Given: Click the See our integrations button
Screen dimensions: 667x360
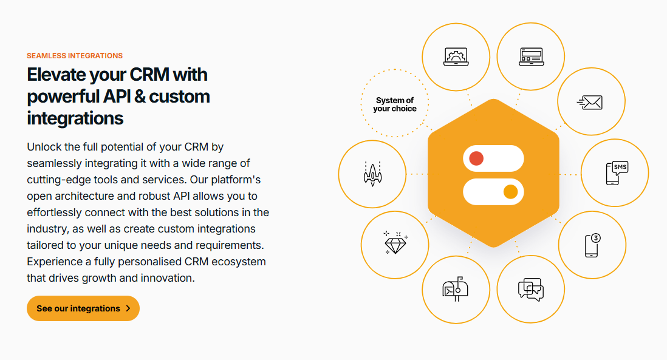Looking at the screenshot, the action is [x=83, y=308].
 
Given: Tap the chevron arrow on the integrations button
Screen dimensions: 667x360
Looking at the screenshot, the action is [x=128, y=308].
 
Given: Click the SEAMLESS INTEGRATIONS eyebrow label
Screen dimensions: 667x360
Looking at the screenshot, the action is [x=75, y=56].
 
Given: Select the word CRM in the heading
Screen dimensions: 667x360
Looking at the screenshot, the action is [x=149, y=75].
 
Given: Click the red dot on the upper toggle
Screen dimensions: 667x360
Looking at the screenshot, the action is [x=476, y=158].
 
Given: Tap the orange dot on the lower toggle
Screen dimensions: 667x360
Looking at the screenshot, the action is [x=510, y=192].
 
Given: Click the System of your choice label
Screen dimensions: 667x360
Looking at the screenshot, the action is [x=395, y=104].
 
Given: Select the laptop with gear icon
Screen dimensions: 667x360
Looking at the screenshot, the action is [x=456, y=56].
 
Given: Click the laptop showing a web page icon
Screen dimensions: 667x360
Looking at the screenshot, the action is [x=532, y=56].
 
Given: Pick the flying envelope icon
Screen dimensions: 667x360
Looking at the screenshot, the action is [x=590, y=103].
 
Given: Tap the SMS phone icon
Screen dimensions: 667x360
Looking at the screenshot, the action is [x=617, y=173].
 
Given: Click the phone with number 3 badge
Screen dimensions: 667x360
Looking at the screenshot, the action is [x=592, y=245].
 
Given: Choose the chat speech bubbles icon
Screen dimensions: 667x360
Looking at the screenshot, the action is [x=531, y=290].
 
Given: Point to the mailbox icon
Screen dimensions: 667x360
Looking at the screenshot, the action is [x=455, y=289].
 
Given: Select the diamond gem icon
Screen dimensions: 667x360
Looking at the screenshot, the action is [x=395, y=243].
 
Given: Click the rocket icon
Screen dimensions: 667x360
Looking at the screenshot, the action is [x=372, y=174].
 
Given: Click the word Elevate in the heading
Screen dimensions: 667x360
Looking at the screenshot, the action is [x=56, y=75].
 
